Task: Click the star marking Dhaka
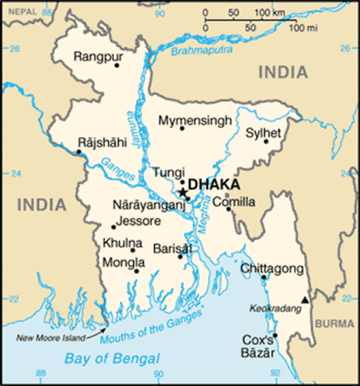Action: (182, 191)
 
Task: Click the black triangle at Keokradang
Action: (303, 300)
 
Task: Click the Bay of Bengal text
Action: (113, 357)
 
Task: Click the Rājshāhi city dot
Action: (79, 152)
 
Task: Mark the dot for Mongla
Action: (136, 271)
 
